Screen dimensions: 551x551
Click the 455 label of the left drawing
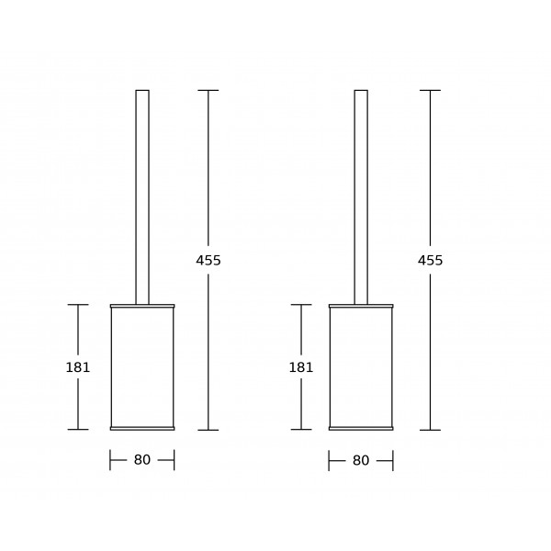(x=208, y=261)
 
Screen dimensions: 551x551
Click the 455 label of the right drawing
(x=431, y=261)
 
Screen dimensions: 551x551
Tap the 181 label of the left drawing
(x=78, y=367)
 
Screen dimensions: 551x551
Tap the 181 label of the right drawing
(x=301, y=367)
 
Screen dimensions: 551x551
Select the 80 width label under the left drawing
(x=142, y=460)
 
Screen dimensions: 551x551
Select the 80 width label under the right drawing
(x=361, y=460)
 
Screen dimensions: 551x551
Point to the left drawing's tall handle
(x=142, y=197)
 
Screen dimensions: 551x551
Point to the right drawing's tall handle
(x=361, y=197)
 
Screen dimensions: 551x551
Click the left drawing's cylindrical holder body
(x=142, y=367)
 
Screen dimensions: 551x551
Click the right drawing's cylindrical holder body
(x=361, y=367)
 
